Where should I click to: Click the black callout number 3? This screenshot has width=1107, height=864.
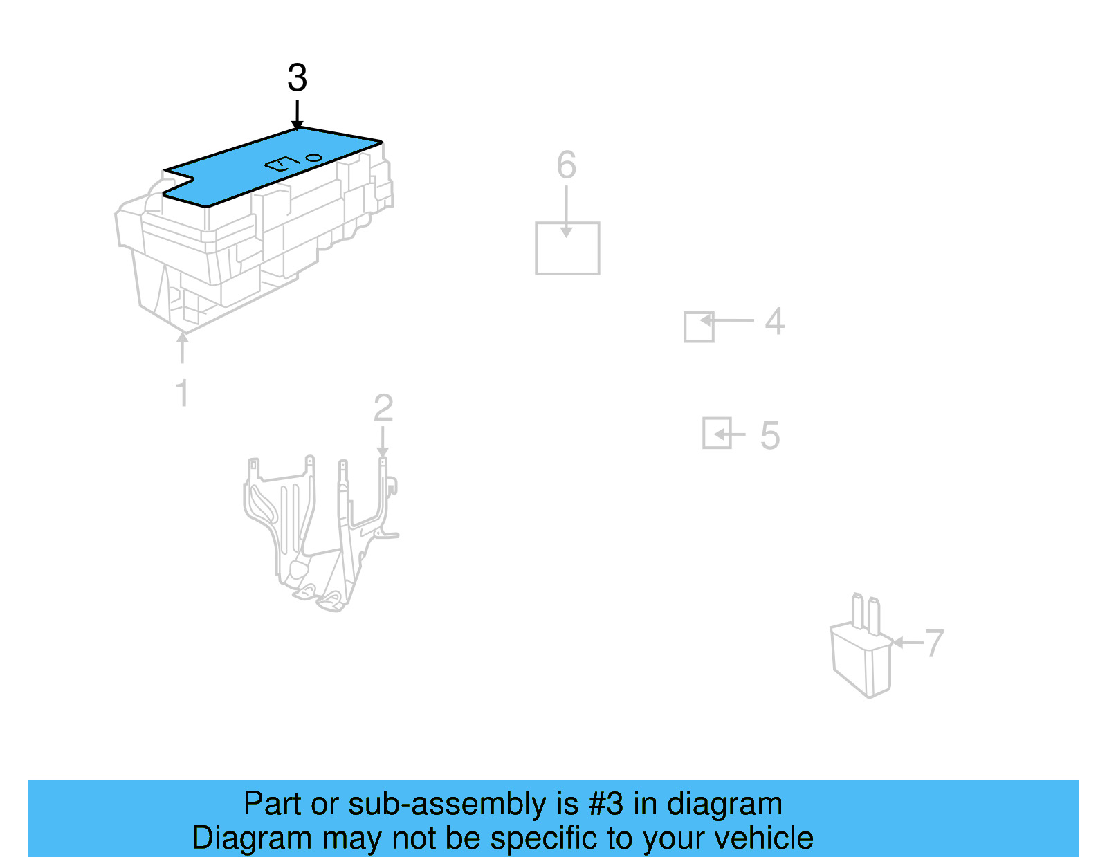[297, 77]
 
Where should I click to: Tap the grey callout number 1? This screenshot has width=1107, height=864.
[182, 394]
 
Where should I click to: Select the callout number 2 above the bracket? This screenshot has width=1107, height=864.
[383, 408]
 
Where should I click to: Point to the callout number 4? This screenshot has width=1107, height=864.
[775, 322]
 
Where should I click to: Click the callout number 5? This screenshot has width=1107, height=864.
[769, 436]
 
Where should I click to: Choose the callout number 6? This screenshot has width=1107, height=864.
[566, 165]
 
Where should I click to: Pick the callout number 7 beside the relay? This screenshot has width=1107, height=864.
[934, 644]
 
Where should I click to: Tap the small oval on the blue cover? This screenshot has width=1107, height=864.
[314, 157]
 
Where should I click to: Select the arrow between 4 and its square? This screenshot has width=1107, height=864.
[726, 320]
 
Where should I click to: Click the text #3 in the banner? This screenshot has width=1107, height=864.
[605, 804]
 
